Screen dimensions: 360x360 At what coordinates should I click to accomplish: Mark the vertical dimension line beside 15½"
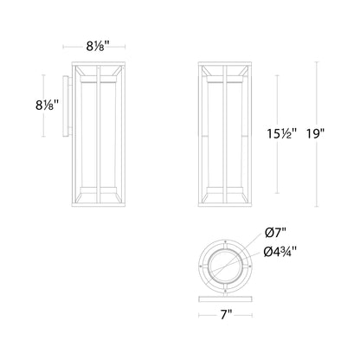(x=277, y=134)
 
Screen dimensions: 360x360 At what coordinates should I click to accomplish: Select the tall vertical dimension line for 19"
(x=314, y=134)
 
